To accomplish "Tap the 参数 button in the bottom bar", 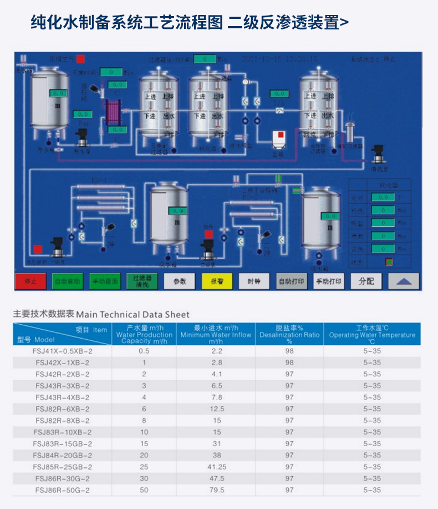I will pyautogui.click(x=180, y=281).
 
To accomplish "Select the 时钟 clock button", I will pyautogui.click(x=254, y=281).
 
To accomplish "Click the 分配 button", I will pyautogui.click(x=366, y=281).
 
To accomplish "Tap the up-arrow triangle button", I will pyautogui.click(x=404, y=281).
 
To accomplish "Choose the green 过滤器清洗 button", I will pyautogui.click(x=142, y=281).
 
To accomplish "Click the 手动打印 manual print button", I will pyautogui.click(x=329, y=281).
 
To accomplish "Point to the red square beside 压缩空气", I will pyautogui.click(x=81, y=58).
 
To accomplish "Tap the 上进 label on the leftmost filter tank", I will pyautogui.click(x=150, y=96).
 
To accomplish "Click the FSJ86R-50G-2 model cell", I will pyautogui.click(x=62, y=490).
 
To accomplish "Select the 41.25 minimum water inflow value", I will pyautogui.click(x=216, y=467).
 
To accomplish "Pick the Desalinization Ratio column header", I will pyautogui.click(x=289, y=335).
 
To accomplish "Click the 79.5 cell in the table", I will pyautogui.click(x=216, y=490).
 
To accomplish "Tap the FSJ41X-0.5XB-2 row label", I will pyautogui.click(x=62, y=351).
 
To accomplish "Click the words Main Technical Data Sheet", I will pyautogui.click(x=133, y=314).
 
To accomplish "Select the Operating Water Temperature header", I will pyautogui.click(x=372, y=335).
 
